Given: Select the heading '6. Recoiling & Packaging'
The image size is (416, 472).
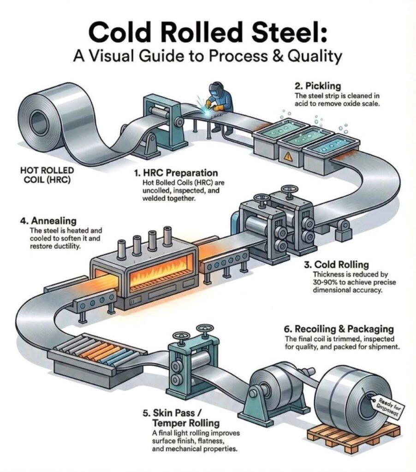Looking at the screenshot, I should click(x=339, y=329).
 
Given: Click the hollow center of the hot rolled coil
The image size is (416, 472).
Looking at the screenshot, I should click(x=36, y=112).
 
